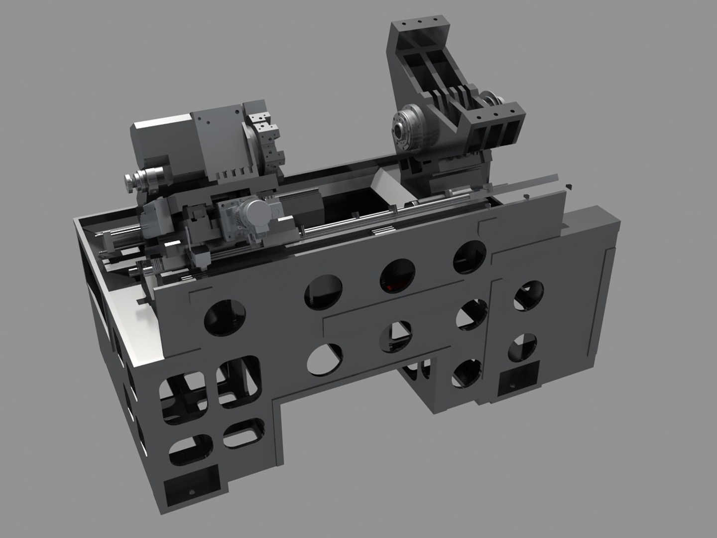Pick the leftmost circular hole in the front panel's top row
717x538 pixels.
[x=225, y=317]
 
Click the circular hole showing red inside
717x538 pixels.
[x=398, y=275]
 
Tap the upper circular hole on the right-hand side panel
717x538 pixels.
[x=528, y=294]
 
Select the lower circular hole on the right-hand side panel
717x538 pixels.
[x=522, y=347]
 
